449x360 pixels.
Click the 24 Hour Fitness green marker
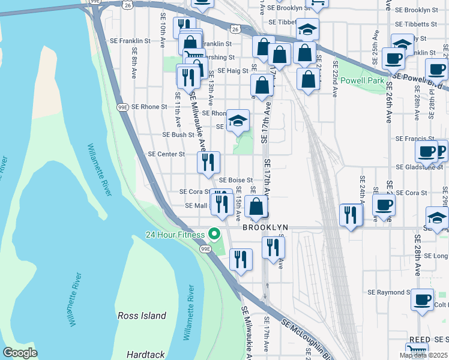pos(213,234)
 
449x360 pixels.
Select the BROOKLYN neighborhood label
pos(265,228)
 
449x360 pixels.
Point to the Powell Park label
pos(361,80)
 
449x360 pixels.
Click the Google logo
pos(20,353)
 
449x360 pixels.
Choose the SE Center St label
pos(166,154)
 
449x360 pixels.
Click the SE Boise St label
pos(235,179)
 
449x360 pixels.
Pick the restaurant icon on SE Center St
pos(208,161)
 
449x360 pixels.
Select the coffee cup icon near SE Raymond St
pos(422,298)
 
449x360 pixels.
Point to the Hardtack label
pos(146,355)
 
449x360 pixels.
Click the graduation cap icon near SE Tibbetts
pos(307,29)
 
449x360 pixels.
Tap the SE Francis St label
pos(415,139)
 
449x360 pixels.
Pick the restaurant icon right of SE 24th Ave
pos(351,215)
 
